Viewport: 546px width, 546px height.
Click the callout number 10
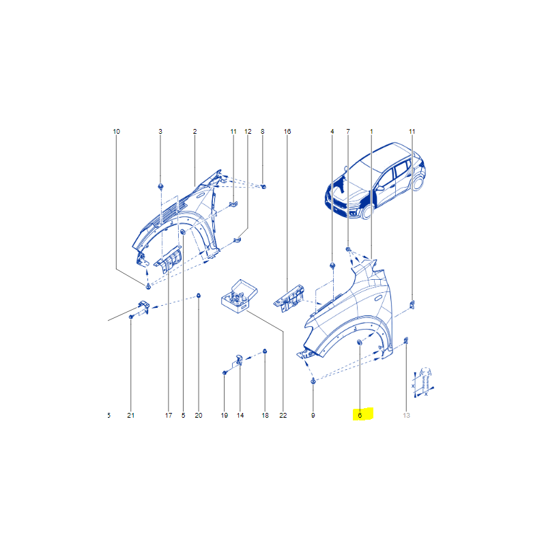pyautogui.click(x=116, y=131)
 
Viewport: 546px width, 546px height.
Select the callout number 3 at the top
pyautogui.click(x=160, y=131)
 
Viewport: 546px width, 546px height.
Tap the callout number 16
pyautogui.click(x=287, y=131)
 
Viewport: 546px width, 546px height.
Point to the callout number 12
pyautogui.click(x=248, y=131)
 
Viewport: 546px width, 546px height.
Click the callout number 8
pyautogui.click(x=263, y=131)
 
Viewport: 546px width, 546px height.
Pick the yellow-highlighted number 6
pyautogui.click(x=360, y=415)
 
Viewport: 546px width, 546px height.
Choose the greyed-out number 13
pyautogui.click(x=406, y=415)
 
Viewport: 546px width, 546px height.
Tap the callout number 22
pyautogui.click(x=283, y=415)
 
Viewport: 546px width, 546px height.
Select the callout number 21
pyautogui.click(x=130, y=415)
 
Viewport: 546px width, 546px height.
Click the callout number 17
pyautogui.click(x=169, y=415)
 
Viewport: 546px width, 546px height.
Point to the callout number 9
pyautogui.click(x=313, y=415)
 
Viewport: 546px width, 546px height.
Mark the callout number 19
pyautogui.click(x=225, y=415)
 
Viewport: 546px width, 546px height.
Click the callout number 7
pyautogui.click(x=348, y=131)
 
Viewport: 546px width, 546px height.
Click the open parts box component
pyautogui.click(x=240, y=296)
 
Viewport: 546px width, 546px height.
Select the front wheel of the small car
pyautogui.click(x=367, y=211)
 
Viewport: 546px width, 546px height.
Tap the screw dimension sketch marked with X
pyautogui.click(x=424, y=382)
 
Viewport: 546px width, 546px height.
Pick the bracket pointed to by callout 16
pyautogui.click(x=289, y=298)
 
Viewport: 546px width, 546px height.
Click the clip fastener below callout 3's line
pyautogui.click(x=160, y=186)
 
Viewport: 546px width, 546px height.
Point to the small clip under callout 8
pyautogui.click(x=263, y=186)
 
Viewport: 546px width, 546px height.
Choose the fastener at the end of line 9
pyautogui.click(x=313, y=381)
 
